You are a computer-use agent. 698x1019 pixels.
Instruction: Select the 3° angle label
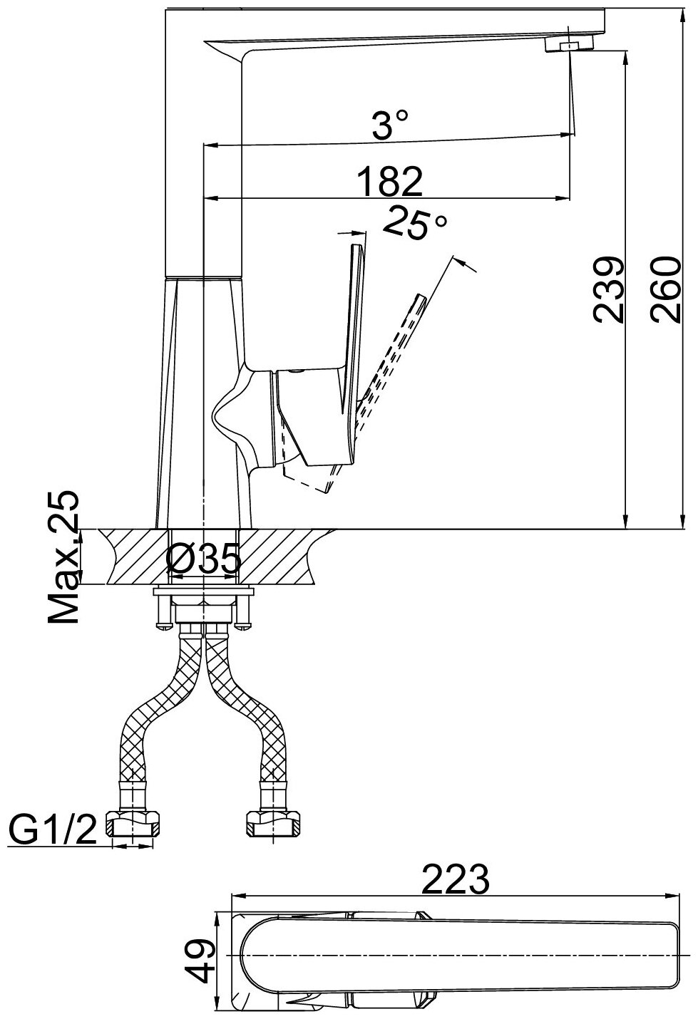[391, 128]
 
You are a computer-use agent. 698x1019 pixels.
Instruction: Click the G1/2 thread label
[53, 831]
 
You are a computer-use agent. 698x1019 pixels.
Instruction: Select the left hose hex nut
[135, 824]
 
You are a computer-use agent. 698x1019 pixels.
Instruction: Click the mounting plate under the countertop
[203, 591]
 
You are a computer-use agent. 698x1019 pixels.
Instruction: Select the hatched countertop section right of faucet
[282, 557]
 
